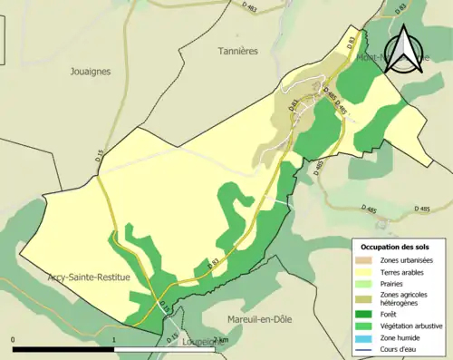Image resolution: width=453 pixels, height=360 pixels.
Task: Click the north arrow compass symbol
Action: pos(407,51)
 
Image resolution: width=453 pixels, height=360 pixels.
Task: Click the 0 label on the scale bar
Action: pos(14,339)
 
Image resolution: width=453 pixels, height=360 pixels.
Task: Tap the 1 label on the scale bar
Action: pos(113,339)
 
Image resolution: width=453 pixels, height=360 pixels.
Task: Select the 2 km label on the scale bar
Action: pos(218,339)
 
